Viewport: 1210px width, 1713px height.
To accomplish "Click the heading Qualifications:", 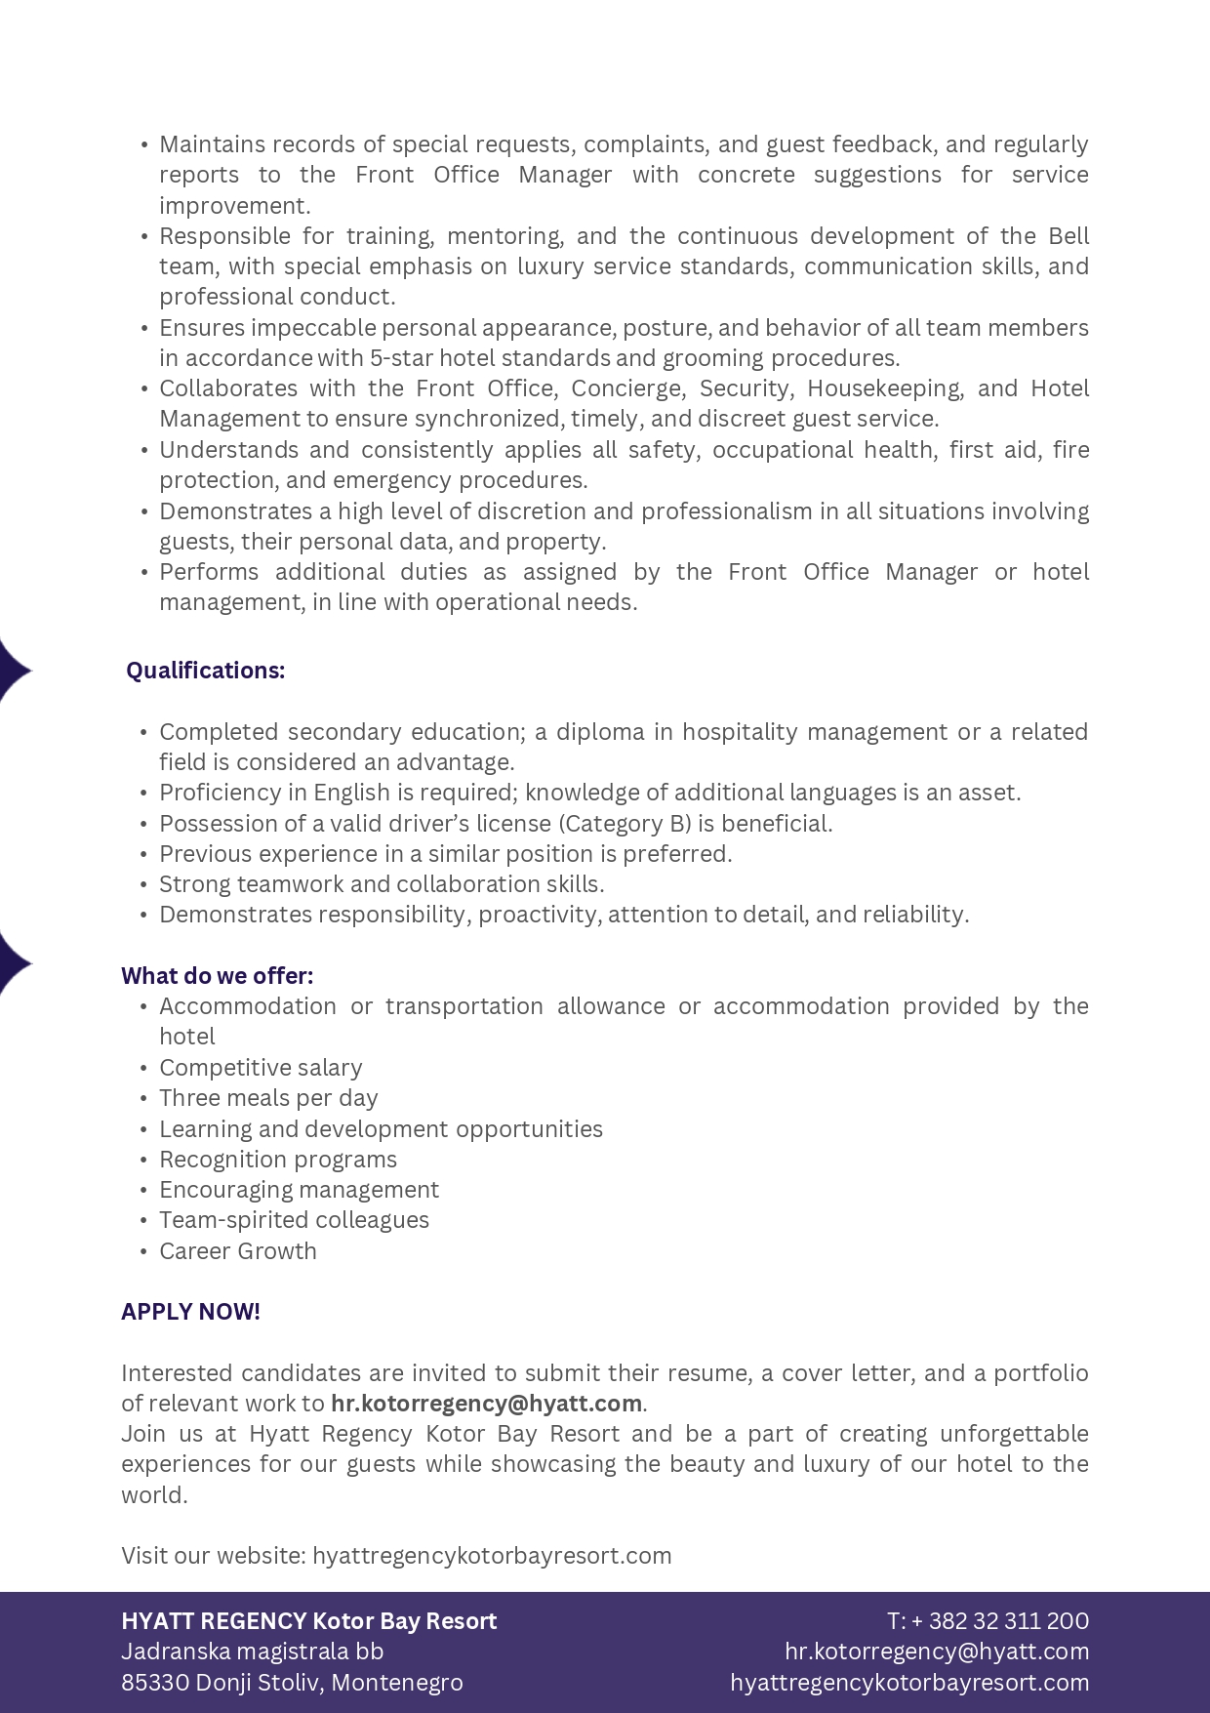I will coord(205,671).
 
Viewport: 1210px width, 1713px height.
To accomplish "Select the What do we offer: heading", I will coord(217,976).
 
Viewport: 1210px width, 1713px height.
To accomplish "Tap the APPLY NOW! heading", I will coord(190,1312).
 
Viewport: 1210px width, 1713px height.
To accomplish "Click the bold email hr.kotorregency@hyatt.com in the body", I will coord(486,1404).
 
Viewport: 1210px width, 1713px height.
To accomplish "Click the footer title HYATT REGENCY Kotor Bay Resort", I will coord(308,1621).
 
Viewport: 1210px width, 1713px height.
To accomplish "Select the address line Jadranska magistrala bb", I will coord(252,1652).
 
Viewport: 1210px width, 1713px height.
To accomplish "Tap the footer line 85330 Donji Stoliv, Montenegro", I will coord(292,1683).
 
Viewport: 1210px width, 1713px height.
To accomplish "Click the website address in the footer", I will coord(909,1683).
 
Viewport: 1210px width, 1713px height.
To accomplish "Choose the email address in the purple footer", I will coord(936,1652).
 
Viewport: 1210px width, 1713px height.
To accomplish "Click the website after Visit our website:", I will coord(492,1556).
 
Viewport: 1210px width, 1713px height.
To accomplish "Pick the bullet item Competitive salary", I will coord(261,1068).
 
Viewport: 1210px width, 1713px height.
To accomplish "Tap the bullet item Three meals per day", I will coord(268,1098).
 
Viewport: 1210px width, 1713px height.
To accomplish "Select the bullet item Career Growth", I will coord(238,1251).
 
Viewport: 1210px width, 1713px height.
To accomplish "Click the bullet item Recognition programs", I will coord(278,1160).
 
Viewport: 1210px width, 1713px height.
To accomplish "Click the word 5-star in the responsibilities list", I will coord(401,358).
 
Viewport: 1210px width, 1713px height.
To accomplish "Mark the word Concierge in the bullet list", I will coord(627,388).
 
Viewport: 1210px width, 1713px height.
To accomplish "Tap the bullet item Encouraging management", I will coord(299,1190).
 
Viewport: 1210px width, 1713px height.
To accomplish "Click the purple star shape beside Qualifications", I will coord(14,671).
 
